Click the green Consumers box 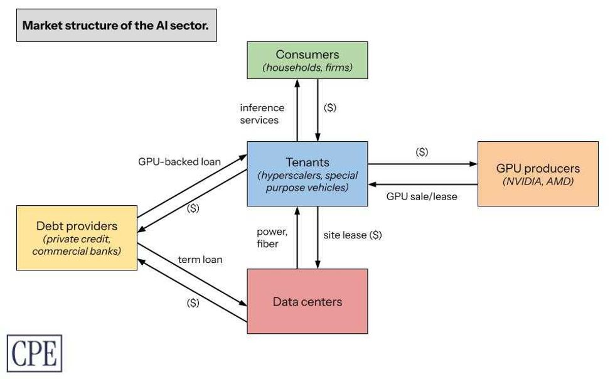pos(307,60)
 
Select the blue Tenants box pos(307,173)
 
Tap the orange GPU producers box pos(538,174)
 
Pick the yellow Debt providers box pos(77,238)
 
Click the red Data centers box pos(307,301)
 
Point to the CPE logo pos(35,353)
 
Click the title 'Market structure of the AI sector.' pos(116,26)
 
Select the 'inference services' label pos(262,114)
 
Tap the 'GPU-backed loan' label pos(179,161)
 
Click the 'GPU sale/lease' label pos(422,196)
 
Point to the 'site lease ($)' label pos(353,235)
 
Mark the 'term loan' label pos(200,259)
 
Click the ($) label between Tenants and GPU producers pos(422,152)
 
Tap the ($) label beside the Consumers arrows pos(330,107)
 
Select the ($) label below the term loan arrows pos(193,302)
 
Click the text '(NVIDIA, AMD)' pos(538,182)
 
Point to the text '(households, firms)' pos(307,67)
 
